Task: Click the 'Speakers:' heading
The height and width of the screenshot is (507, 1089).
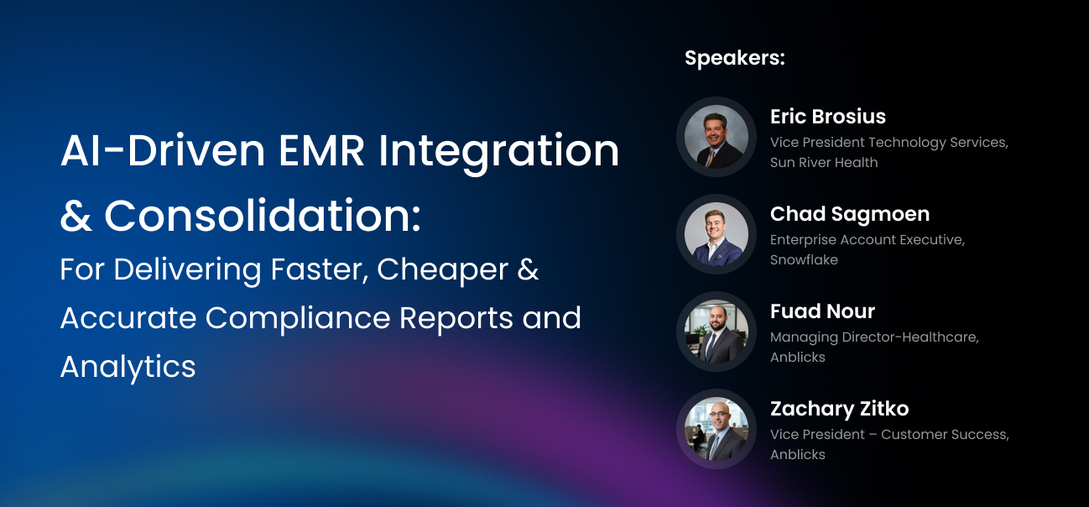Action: point(735,59)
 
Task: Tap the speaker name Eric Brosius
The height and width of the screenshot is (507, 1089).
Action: point(828,117)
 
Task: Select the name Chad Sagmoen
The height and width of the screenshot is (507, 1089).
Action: point(850,215)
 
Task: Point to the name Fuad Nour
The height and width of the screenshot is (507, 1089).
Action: point(822,311)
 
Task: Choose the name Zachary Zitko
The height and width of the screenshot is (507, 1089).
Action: point(840,409)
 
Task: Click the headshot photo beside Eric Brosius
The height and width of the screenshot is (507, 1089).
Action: point(716,137)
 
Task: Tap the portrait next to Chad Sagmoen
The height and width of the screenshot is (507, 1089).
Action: point(716,234)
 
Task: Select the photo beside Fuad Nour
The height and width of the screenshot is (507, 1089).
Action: point(716,332)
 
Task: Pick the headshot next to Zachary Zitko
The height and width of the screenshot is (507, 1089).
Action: point(716,429)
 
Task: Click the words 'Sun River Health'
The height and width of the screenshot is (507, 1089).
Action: point(824,163)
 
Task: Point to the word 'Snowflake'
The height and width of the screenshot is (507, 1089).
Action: point(804,260)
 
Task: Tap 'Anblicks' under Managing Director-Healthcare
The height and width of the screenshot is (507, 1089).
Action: point(798,357)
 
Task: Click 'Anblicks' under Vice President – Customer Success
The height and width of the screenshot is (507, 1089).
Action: point(798,454)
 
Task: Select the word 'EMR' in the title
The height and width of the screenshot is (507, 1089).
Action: point(321,151)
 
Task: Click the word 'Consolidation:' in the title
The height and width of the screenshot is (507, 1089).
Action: point(263,216)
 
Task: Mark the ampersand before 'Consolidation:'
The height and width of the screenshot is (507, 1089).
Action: point(76,216)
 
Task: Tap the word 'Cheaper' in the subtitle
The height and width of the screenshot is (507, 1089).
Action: point(442,270)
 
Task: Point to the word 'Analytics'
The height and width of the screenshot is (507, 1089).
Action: point(128,368)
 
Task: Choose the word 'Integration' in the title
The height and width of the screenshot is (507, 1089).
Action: point(498,153)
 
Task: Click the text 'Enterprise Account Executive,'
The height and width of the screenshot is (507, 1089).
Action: point(868,240)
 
